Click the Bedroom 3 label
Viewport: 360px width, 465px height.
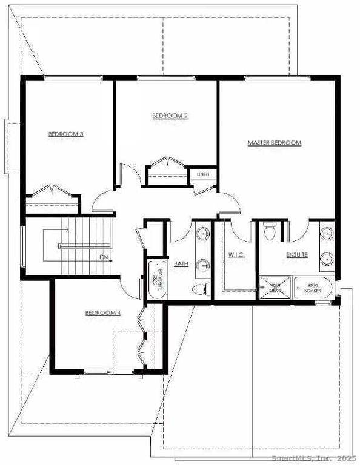(65, 134)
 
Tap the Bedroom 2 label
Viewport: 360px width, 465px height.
(169, 115)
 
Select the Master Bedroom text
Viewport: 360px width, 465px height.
(274, 143)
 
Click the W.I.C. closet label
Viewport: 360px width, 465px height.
(236, 255)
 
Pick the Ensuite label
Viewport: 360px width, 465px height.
(297, 255)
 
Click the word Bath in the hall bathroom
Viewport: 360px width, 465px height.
(181, 264)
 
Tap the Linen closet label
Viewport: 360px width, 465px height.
(202, 174)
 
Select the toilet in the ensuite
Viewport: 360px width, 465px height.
(271, 230)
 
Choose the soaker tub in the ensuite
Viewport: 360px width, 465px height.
(313, 288)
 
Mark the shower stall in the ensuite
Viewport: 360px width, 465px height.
(275, 288)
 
